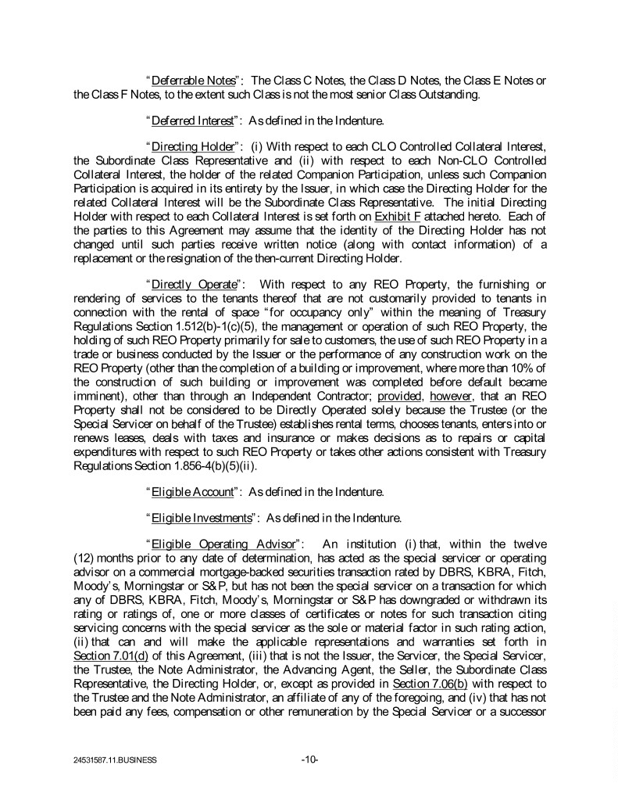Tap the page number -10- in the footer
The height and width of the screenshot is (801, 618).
[309, 759]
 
